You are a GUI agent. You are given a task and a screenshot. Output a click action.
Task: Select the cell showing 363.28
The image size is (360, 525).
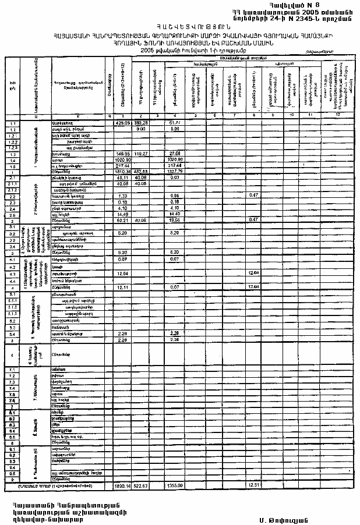[x=140, y=123]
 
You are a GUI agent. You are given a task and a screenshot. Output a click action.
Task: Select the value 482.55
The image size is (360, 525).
[x=140, y=171]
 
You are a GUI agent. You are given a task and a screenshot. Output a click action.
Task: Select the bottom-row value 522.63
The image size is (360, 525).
[x=140, y=484]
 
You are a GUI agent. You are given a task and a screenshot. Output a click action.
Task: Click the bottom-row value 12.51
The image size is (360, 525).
[x=253, y=484]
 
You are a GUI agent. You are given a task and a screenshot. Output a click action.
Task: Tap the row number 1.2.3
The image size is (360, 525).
[x=12, y=147]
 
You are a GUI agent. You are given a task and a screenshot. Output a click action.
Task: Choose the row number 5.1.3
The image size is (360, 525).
[x=12, y=313]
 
